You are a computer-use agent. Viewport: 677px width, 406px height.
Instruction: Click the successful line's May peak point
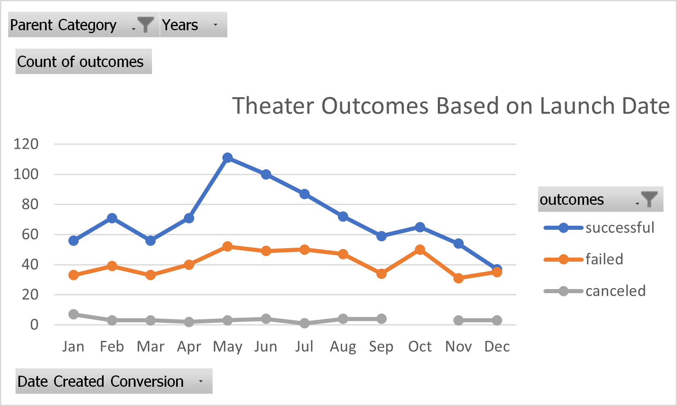coord(228,158)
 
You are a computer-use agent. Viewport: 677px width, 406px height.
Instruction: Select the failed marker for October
coord(420,250)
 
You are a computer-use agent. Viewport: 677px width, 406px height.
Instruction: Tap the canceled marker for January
coord(74,314)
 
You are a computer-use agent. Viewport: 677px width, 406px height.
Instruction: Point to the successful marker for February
coord(112,218)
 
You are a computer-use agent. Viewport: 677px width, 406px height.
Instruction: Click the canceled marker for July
coord(304,323)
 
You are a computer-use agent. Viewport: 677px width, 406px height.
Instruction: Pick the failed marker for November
coord(458,278)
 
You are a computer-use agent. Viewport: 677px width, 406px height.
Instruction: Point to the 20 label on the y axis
coord(30,295)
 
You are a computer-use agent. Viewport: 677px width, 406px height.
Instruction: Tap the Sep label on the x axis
coord(381,347)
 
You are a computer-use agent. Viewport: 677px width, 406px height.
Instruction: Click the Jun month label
coord(265,347)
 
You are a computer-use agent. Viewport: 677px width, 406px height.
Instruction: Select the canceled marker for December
coord(497,320)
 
